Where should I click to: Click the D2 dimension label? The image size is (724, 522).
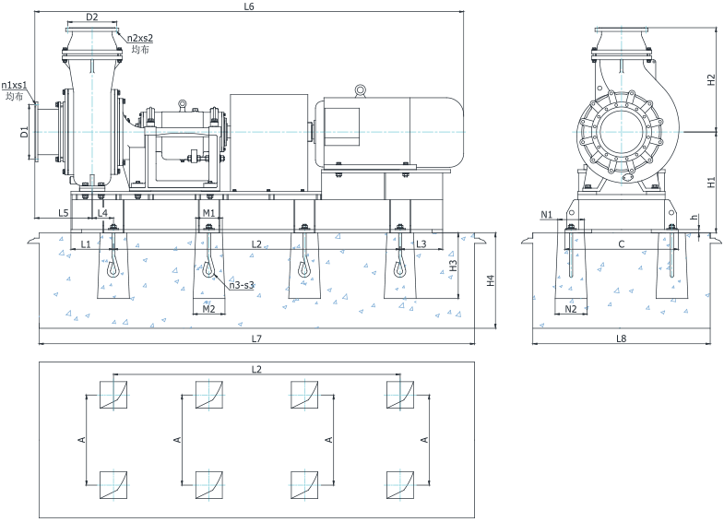(x=91, y=17)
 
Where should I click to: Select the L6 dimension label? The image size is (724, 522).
(x=248, y=6)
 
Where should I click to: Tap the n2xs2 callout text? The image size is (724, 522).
(x=140, y=39)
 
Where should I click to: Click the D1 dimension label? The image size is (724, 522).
(x=24, y=133)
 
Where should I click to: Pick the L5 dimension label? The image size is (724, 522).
(x=64, y=213)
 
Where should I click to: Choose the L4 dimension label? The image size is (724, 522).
(x=102, y=213)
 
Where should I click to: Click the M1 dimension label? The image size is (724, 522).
(x=208, y=213)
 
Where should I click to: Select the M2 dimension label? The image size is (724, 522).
(x=208, y=309)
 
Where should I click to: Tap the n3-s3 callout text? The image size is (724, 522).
(x=242, y=285)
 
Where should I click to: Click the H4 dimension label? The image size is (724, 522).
(x=491, y=279)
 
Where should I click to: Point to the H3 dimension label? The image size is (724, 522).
(x=453, y=266)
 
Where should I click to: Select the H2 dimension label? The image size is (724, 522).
(x=711, y=79)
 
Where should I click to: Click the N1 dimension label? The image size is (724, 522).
(x=547, y=215)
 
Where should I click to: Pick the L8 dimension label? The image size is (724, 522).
(x=621, y=339)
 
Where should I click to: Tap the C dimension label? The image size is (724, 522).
(x=622, y=244)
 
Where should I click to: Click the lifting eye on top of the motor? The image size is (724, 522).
(x=360, y=89)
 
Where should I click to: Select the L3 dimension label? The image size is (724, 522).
(x=421, y=243)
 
